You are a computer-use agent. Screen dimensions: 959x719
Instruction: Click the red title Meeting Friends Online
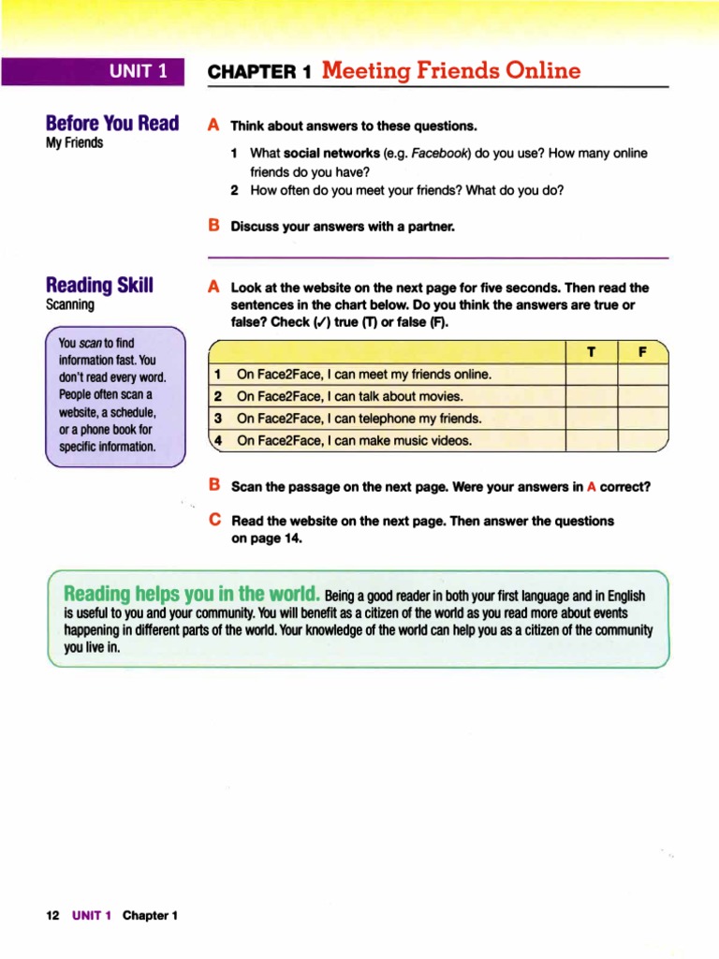450,71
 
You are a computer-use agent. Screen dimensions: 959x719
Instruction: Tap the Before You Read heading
112,124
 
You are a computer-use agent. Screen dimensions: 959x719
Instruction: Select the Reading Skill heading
100,285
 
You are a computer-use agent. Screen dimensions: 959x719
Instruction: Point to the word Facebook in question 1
444,153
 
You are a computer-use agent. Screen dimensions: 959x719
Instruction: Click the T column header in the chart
591,353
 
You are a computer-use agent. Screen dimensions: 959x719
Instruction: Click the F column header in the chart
642,353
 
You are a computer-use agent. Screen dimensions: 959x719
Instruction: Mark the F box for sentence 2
642,396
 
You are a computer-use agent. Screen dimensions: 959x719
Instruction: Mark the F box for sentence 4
642,440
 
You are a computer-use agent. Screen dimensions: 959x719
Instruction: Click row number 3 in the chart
217,419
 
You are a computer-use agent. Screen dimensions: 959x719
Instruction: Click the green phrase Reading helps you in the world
192,595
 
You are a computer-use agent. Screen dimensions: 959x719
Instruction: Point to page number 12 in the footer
53,915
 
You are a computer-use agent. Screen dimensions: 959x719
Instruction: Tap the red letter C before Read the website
214,518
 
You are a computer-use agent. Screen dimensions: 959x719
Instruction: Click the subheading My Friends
74,143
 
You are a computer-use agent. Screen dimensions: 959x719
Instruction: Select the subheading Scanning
70,304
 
